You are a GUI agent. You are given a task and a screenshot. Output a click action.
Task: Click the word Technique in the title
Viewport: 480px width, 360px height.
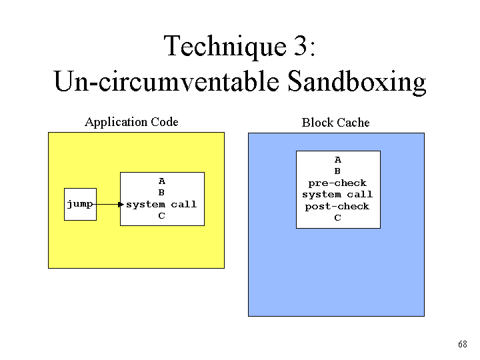coord(225,47)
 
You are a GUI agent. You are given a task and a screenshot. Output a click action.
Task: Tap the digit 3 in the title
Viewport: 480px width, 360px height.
coord(300,45)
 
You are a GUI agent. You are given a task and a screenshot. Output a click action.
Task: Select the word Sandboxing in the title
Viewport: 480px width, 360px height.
coord(357,82)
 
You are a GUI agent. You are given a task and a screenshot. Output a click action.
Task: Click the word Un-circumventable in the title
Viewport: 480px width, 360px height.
coord(167,81)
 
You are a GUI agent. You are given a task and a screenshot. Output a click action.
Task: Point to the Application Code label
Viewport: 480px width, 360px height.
coord(131,122)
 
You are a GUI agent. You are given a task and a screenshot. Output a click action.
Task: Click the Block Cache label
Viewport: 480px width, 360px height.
coord(335,123)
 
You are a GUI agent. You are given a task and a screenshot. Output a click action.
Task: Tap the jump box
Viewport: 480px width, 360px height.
coord(80,204)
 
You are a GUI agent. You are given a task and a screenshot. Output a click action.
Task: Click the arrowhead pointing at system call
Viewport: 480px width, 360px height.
coord(121,204)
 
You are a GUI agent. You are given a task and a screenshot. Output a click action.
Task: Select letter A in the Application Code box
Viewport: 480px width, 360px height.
coord(162,181)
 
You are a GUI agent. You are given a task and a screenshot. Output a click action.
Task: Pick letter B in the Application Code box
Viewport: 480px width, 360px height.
coord(161,193)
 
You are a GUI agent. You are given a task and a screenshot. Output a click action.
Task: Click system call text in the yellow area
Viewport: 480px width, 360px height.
coord(161,204)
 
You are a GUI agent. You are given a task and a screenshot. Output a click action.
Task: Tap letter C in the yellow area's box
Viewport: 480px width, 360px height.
coord(161,216)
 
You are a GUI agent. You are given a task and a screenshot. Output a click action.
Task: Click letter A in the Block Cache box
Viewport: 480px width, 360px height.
coord(337,160)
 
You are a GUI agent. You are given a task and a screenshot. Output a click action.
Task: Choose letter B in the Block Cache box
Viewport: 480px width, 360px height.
coord(337,171)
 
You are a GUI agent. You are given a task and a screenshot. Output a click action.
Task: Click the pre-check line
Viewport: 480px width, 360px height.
coord(337,183)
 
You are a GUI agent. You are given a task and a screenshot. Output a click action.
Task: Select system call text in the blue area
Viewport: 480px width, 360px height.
coord(337,195)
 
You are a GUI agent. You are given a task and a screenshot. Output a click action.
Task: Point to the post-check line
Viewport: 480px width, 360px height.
coord(337,206)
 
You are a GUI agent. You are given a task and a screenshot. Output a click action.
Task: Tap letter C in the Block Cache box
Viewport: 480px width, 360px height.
coord(337,217)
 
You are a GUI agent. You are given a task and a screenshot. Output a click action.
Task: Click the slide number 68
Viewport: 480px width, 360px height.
coord(463,344)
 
